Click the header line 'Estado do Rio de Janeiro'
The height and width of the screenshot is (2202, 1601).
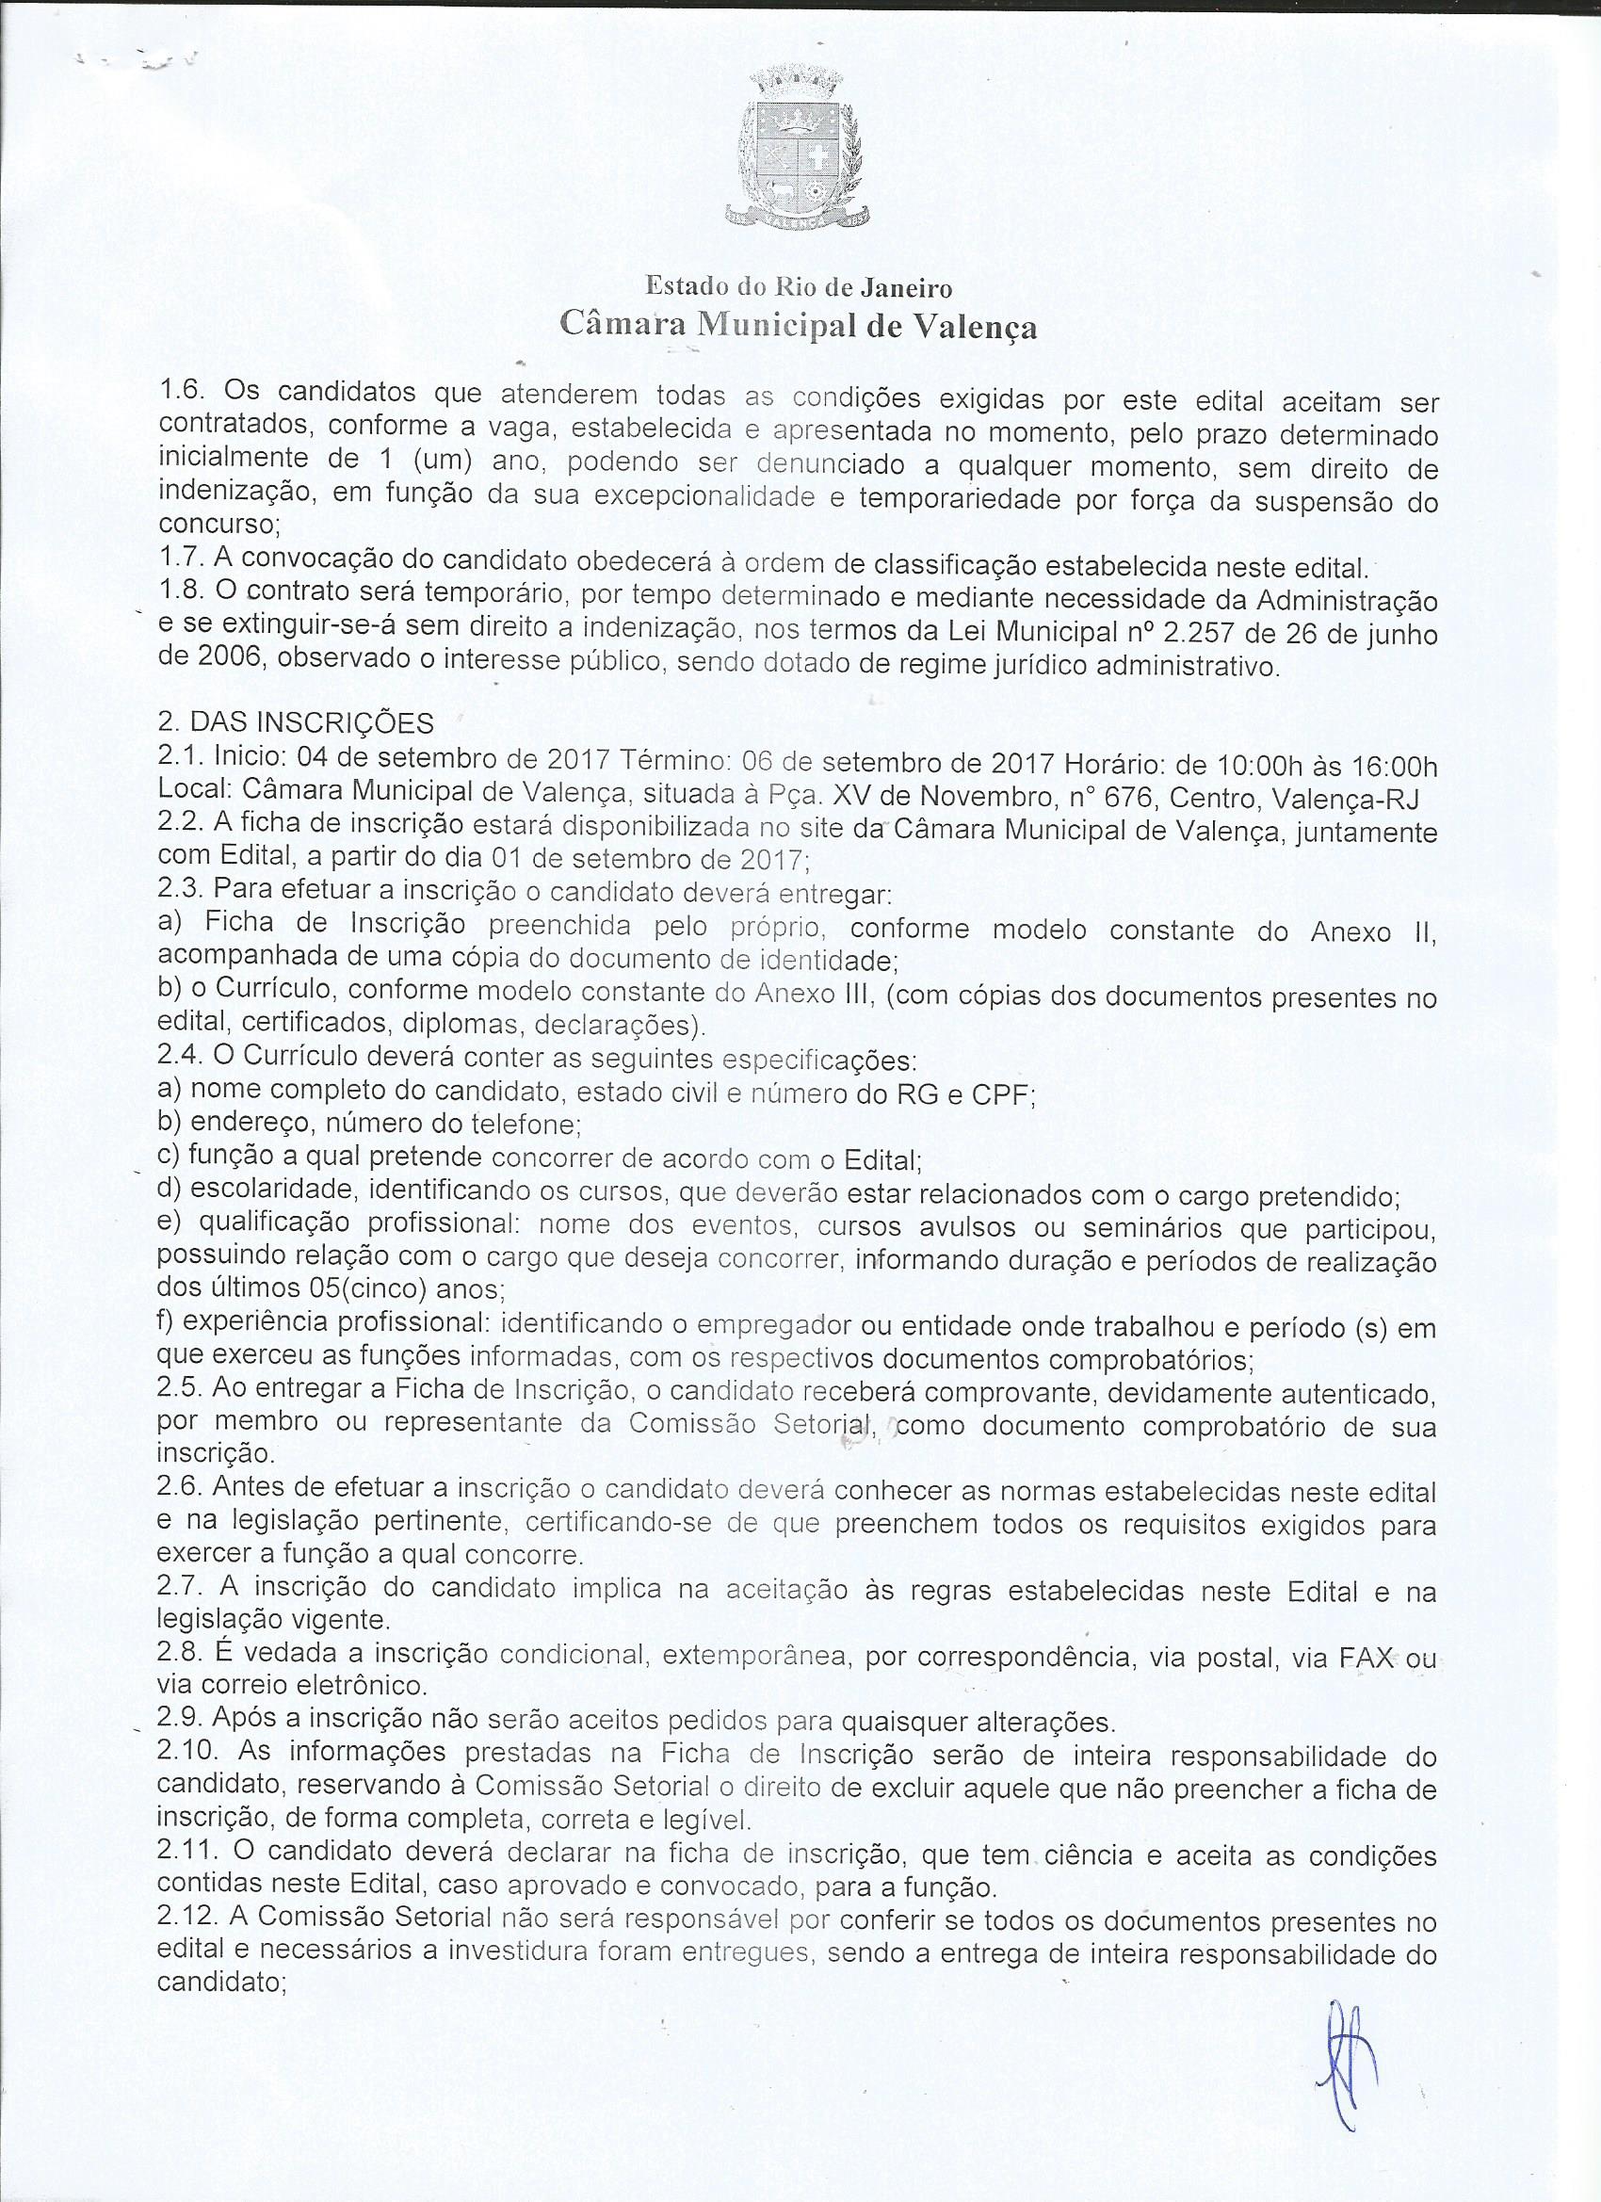click(799, 287)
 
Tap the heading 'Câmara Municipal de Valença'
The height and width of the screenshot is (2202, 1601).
click(799, 326)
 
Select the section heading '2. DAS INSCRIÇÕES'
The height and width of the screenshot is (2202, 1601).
click(295, 722)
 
